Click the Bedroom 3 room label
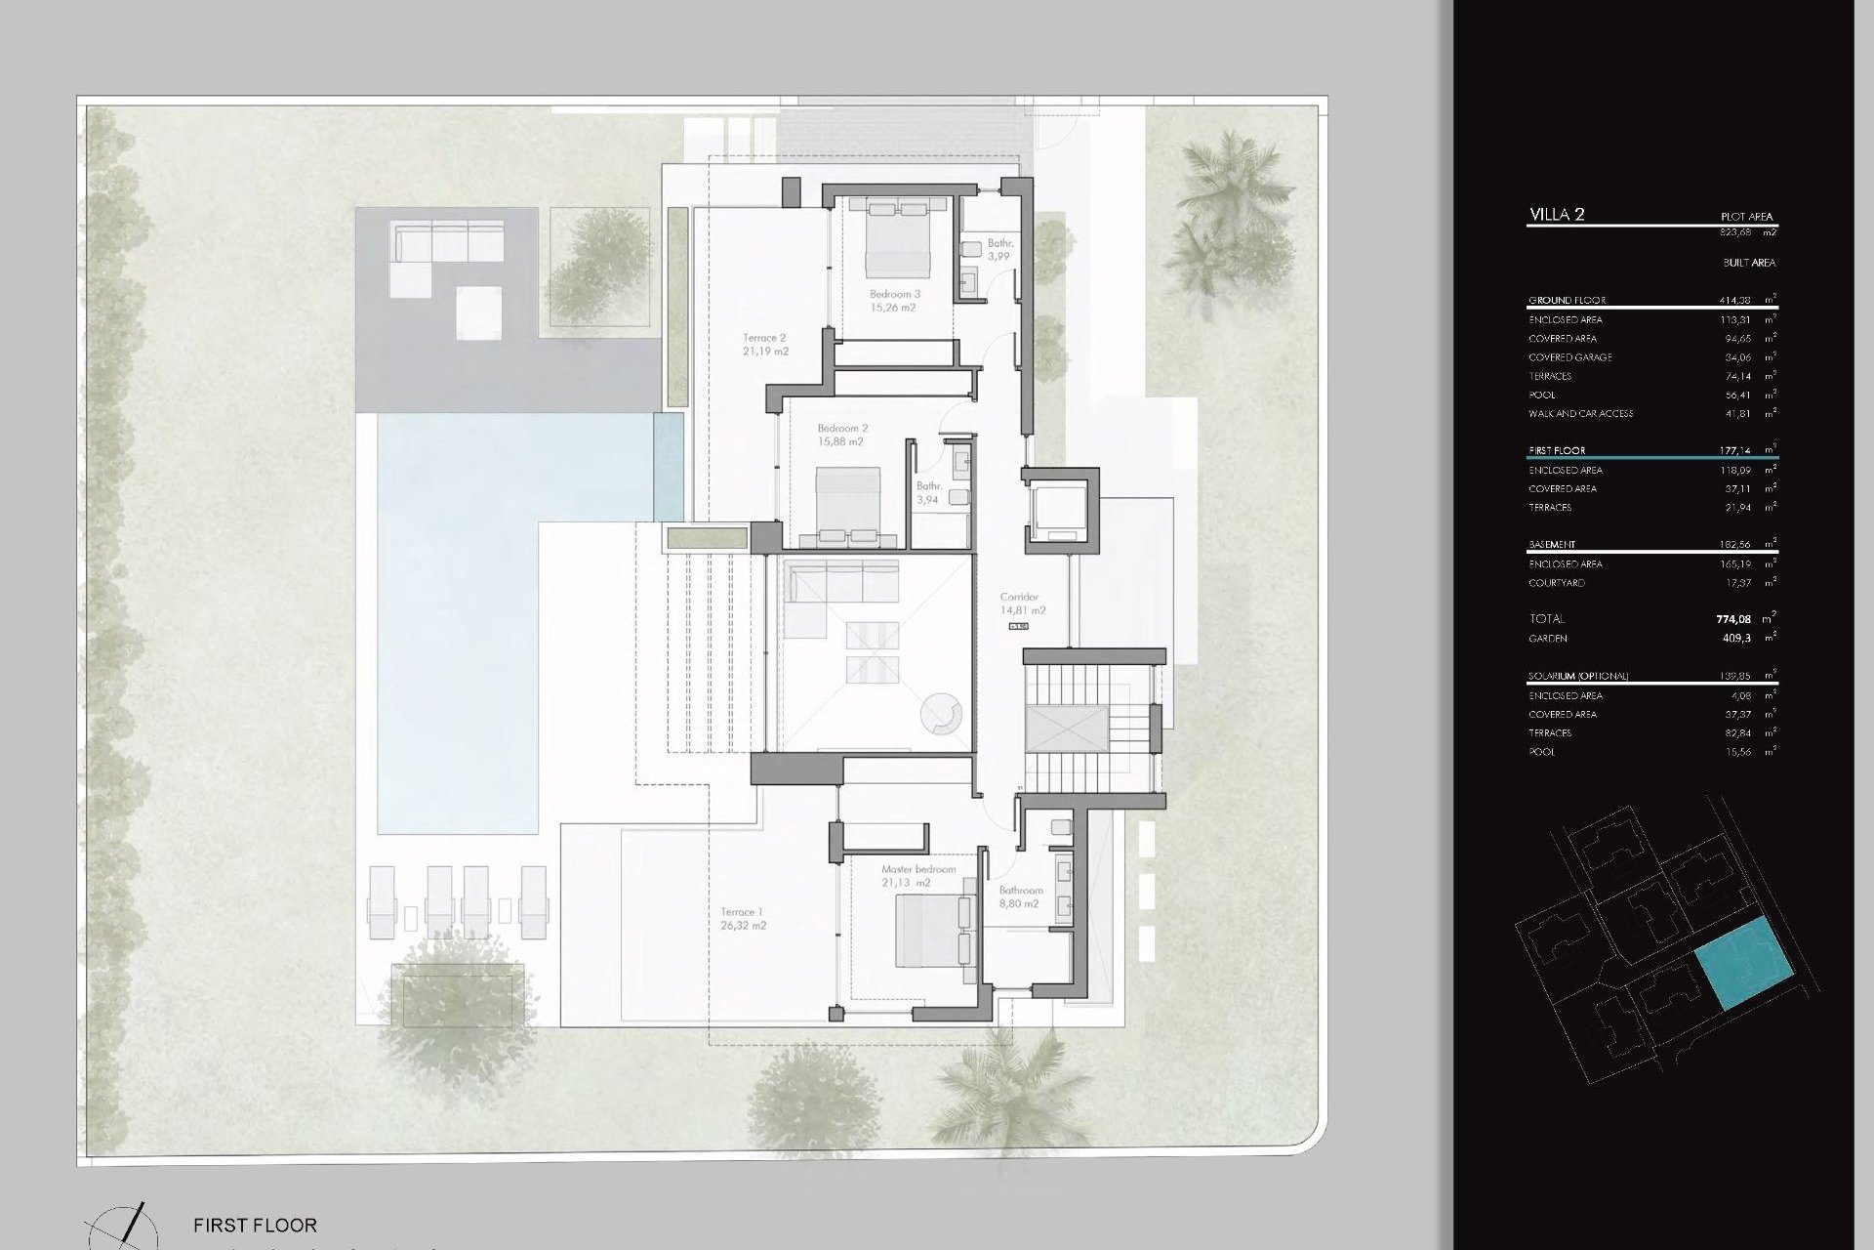tap(894, 300)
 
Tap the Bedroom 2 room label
tap(841, 435)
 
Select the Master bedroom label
tap(917, 876)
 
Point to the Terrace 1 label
tap(742, 918)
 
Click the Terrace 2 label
tap(764, 344)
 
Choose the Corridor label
tap(1021, 604)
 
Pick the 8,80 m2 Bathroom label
tap(1020, 896)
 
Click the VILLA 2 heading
tap(1557, 215)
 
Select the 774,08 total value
tap(1734, 619)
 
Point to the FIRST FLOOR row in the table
tap(1558, 451)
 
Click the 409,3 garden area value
tap(1736, 639)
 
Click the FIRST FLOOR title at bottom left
tap(255, 1225)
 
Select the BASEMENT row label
tap(1552, 545)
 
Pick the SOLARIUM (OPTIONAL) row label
tap(1578, 677)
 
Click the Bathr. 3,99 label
tap(999, 250)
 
